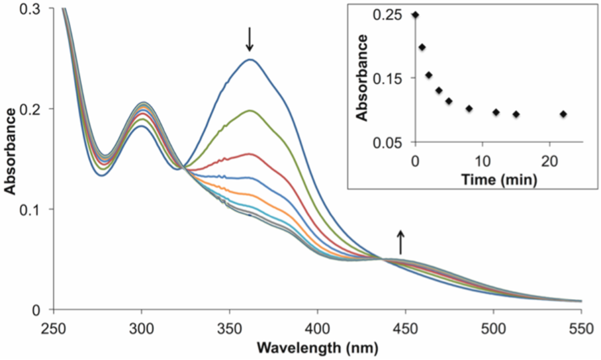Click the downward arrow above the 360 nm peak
(250, 39)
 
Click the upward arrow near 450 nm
(400, 242)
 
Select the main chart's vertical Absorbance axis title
(11, 159)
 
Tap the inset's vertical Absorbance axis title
(362, 78)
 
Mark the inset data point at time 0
(415, 15)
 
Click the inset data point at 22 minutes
(563, 114)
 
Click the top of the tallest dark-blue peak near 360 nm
(250, 60)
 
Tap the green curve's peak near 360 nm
(250, 111)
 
